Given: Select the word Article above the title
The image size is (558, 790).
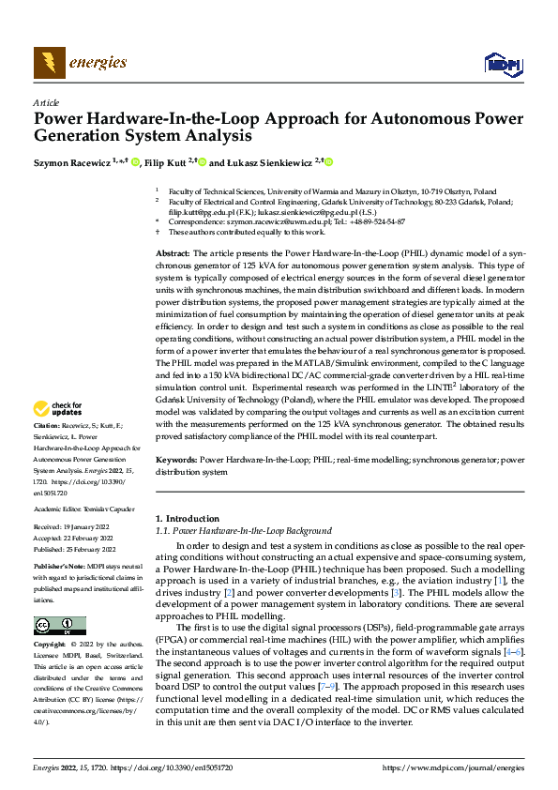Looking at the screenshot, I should [46, 101].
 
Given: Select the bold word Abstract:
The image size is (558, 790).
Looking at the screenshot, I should [173, 254].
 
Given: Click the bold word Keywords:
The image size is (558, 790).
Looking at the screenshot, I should [175, 461].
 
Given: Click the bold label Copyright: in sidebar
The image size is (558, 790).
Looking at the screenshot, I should [51, 645].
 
